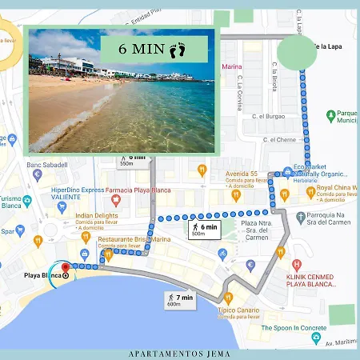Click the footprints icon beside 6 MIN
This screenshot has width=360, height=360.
178,50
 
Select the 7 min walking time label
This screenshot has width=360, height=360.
183,298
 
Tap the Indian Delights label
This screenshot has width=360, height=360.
95,214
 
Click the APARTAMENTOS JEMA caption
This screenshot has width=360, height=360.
179,353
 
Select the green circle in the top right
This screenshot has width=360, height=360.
297,53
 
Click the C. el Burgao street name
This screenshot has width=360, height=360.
269,116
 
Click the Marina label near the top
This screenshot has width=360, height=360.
231,66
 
